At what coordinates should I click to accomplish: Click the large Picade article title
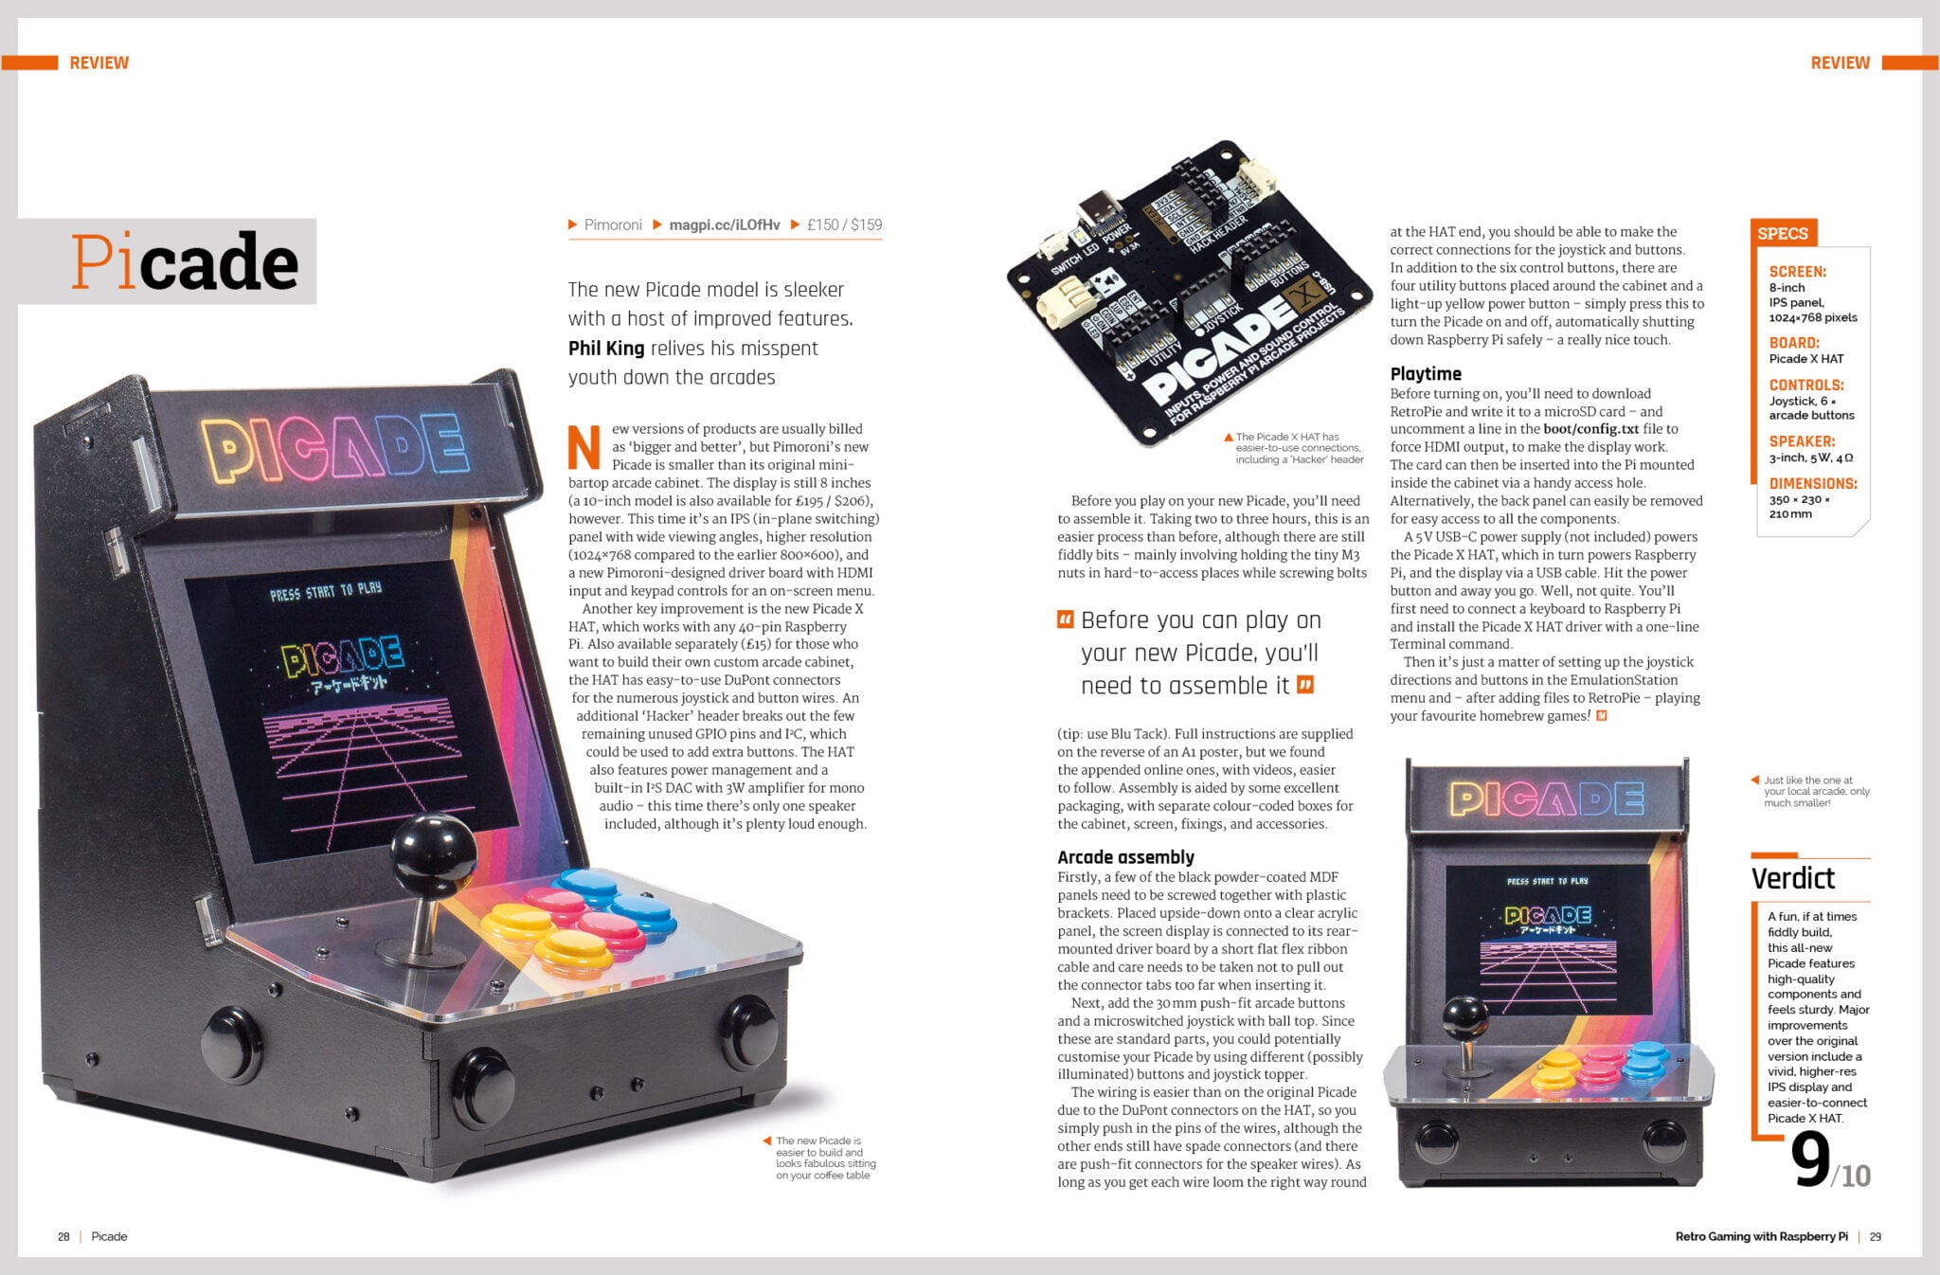click(185, 261)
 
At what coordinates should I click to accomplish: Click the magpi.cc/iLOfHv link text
click(725, 224)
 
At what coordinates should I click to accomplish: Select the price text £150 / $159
click(844, 224)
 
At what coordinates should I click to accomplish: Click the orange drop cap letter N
click(584, 447)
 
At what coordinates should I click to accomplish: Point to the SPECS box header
click(1782, 233)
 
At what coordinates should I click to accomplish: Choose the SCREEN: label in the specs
click(1797, 272)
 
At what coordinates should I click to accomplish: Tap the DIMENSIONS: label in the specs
click(1812, 483)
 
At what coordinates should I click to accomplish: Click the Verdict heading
click(1792, 878)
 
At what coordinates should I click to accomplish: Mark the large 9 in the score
click(1810, 1159)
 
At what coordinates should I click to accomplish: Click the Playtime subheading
click(1425, 373)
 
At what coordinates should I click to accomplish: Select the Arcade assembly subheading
click(1125, 856)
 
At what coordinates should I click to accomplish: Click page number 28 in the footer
click(63, 1236)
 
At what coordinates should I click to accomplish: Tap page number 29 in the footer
click(1875, 1236)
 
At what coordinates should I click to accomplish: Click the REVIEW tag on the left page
click(99, 63)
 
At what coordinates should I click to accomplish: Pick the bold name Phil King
click(606, 348)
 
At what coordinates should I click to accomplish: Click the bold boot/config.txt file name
click(1590, 429)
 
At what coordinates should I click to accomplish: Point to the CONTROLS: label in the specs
click(1805, 385)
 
